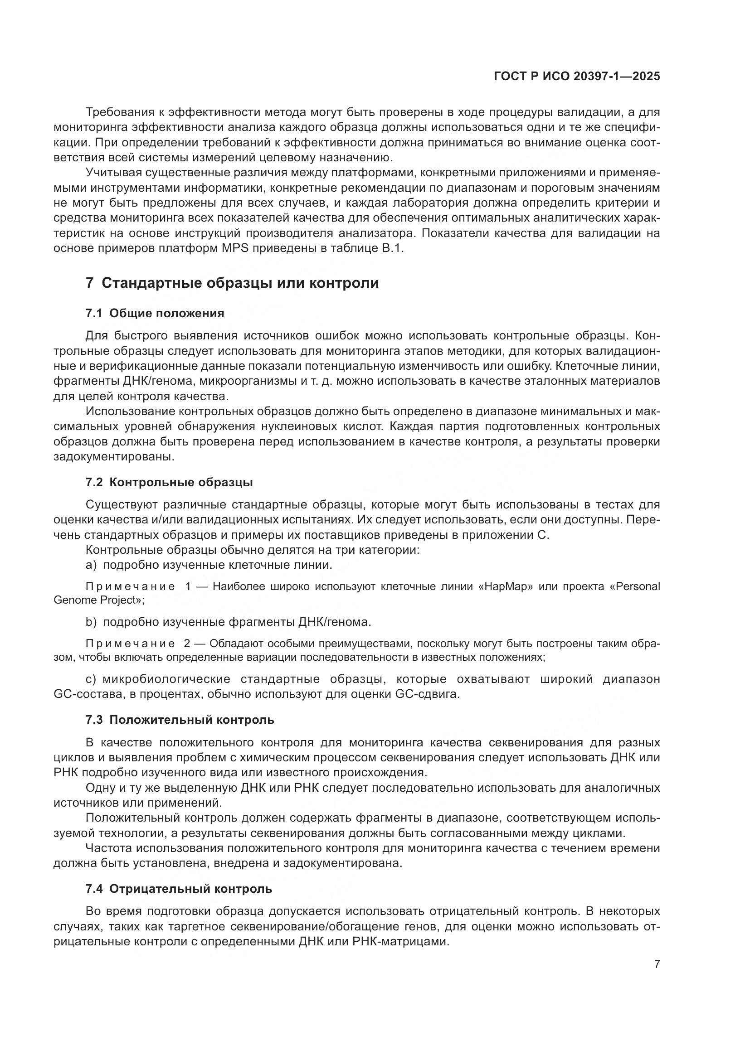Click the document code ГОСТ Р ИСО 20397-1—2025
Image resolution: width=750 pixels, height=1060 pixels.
coord(577,77)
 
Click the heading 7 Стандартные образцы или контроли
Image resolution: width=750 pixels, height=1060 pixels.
coord(232,282)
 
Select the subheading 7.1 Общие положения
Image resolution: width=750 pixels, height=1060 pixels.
coord(155,314)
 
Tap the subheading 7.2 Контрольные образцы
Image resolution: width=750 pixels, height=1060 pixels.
coord(169,483)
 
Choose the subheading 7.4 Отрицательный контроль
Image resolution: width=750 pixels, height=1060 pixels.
coord(179,889)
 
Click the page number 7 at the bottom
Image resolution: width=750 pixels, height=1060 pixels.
coord(657,964)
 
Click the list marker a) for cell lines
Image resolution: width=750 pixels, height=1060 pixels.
coord(91,565)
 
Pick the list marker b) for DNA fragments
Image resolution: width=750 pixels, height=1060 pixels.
coord(91,622)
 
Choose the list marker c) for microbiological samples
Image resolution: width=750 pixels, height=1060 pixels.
coord(91,679)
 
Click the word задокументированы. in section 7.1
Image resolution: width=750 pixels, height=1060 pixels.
coord(114,457)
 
